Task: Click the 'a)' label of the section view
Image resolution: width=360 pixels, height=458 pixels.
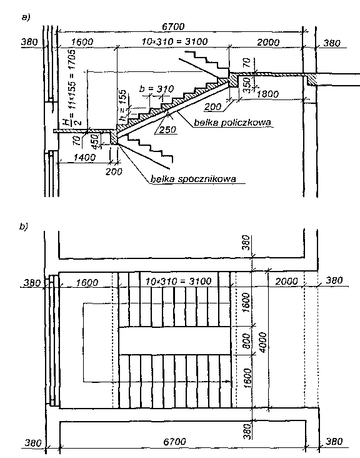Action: pyautogui.click(x=26, y=18)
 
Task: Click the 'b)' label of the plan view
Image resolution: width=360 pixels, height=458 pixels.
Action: pyautogui.click(x=23, y=226)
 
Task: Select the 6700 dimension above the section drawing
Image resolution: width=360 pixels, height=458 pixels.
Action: pyautogui.click(x=173, y=26)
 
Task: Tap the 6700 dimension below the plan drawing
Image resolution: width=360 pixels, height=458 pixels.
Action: pyautogui.click(x=174, y=441)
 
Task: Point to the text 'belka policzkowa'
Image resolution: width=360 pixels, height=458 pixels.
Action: pyautogui.click(x=232, y=123)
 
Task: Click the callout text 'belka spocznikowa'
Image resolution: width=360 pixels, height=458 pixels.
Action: pyautogui.click(x=193, y=179)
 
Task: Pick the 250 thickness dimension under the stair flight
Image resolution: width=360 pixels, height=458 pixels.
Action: pyautogui.click(x=167, y=130)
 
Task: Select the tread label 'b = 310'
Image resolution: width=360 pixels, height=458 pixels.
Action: pyautogui.click(x=156, y=89)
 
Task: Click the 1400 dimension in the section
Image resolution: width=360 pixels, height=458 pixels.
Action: pyautogui.click(x=84, y=158)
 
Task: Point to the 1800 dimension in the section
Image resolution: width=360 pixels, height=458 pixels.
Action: pyautogui.click(x=267, y=94)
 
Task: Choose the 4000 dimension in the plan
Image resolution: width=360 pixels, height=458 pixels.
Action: pyautogui.click(x=263, y=342)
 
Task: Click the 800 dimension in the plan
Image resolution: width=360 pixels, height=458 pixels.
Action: pyautogui.click(x=246, y=340)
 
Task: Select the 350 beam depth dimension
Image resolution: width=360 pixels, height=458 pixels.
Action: pyautogui.click(x=247, y=84)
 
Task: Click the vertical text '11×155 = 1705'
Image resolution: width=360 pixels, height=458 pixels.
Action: pyautogui.click(x=73, y=79)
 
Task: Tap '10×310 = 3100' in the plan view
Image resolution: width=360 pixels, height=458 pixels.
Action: pyautogui.click(x=178, y=282)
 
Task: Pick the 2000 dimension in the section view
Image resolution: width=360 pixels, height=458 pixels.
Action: pyautogui.click(x=268, y=43)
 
